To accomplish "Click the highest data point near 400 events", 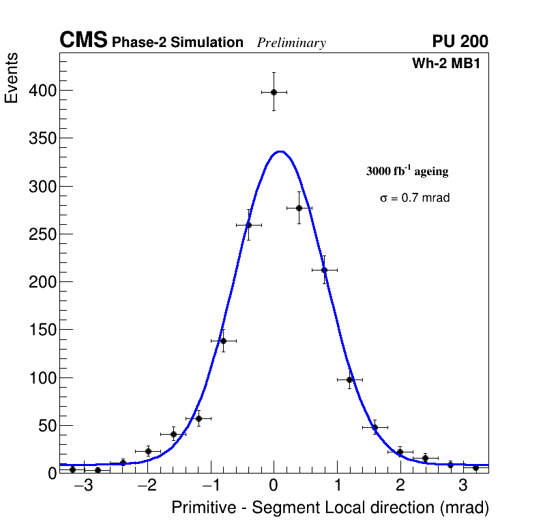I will (274, 92).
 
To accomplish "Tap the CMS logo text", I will (83, 41).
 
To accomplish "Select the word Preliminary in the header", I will (291, 43).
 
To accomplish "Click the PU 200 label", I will (460, 42).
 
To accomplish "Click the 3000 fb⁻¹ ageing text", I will (407, 171).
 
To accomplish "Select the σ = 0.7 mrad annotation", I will (415, 198).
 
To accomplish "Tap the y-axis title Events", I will (12, 78).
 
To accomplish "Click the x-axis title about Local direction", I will (330, 508).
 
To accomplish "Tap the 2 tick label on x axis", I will (400, 486).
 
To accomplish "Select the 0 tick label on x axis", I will (274, 486).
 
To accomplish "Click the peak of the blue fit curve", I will (280, 151).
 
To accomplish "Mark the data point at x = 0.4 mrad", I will (299, 208).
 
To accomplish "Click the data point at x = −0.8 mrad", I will (223, 341).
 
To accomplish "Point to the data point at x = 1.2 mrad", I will (349, 380).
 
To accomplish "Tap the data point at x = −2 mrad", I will (148, 451).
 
